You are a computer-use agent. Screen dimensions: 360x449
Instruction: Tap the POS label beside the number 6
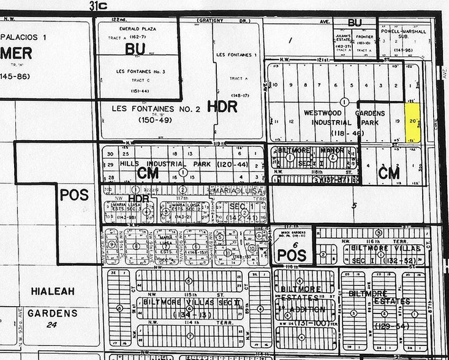(292, 255)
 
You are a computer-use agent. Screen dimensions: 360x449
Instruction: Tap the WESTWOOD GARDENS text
(344, 113)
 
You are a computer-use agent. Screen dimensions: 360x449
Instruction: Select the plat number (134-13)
(190, 314)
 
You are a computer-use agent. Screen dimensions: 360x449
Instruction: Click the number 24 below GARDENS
(52, 324)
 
